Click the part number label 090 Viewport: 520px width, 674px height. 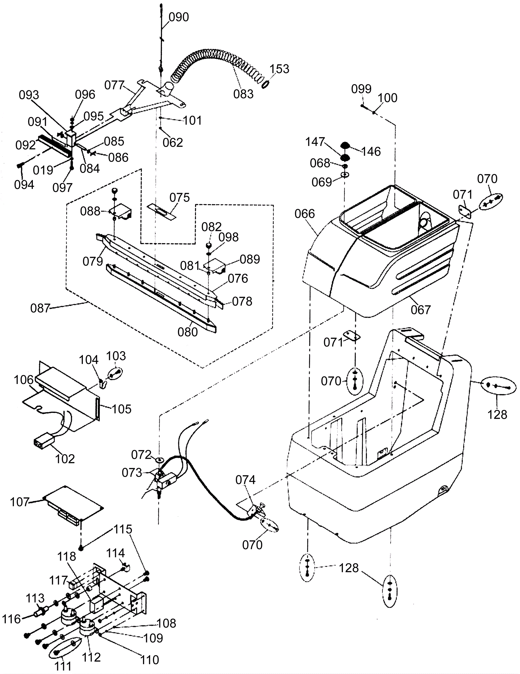pyautogui.click(x=179, y=17)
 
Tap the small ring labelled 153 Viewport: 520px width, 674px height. pyautogui.click(x=265, y=84)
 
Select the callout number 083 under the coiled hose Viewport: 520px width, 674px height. pyautogui.click(x=243, y=94)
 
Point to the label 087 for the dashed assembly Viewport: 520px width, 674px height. pyautogui.click(x=40, y=308)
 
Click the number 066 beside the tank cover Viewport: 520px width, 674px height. pyautogui.click(x=305, y=214)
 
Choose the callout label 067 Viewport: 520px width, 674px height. pyautogui.click(x=421, y=310)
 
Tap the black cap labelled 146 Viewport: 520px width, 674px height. pyautogui.click(x=345, y=145)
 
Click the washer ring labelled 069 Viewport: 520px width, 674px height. pyautogui.click(x=345, y=175)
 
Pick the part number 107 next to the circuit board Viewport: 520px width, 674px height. pyautogui.click(x=20, y=502)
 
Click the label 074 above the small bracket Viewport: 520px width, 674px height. pyautogui.click(x=245, y=480)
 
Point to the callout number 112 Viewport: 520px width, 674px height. pyautogui.click(x=91, y=657)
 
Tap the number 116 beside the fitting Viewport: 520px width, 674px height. pyautogui.click(x=12, y=619)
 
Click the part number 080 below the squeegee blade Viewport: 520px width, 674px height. pyautogui.click(x=188, y=332)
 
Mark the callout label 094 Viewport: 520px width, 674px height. pyautogui.click(x=24, y=185)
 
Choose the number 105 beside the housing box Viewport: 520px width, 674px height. pyautogui.click(x=122, y=409)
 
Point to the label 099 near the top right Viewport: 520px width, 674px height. pyautogui.click(x=361, y=89)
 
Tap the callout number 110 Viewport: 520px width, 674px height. pyautogui.click(x=149, y=660)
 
